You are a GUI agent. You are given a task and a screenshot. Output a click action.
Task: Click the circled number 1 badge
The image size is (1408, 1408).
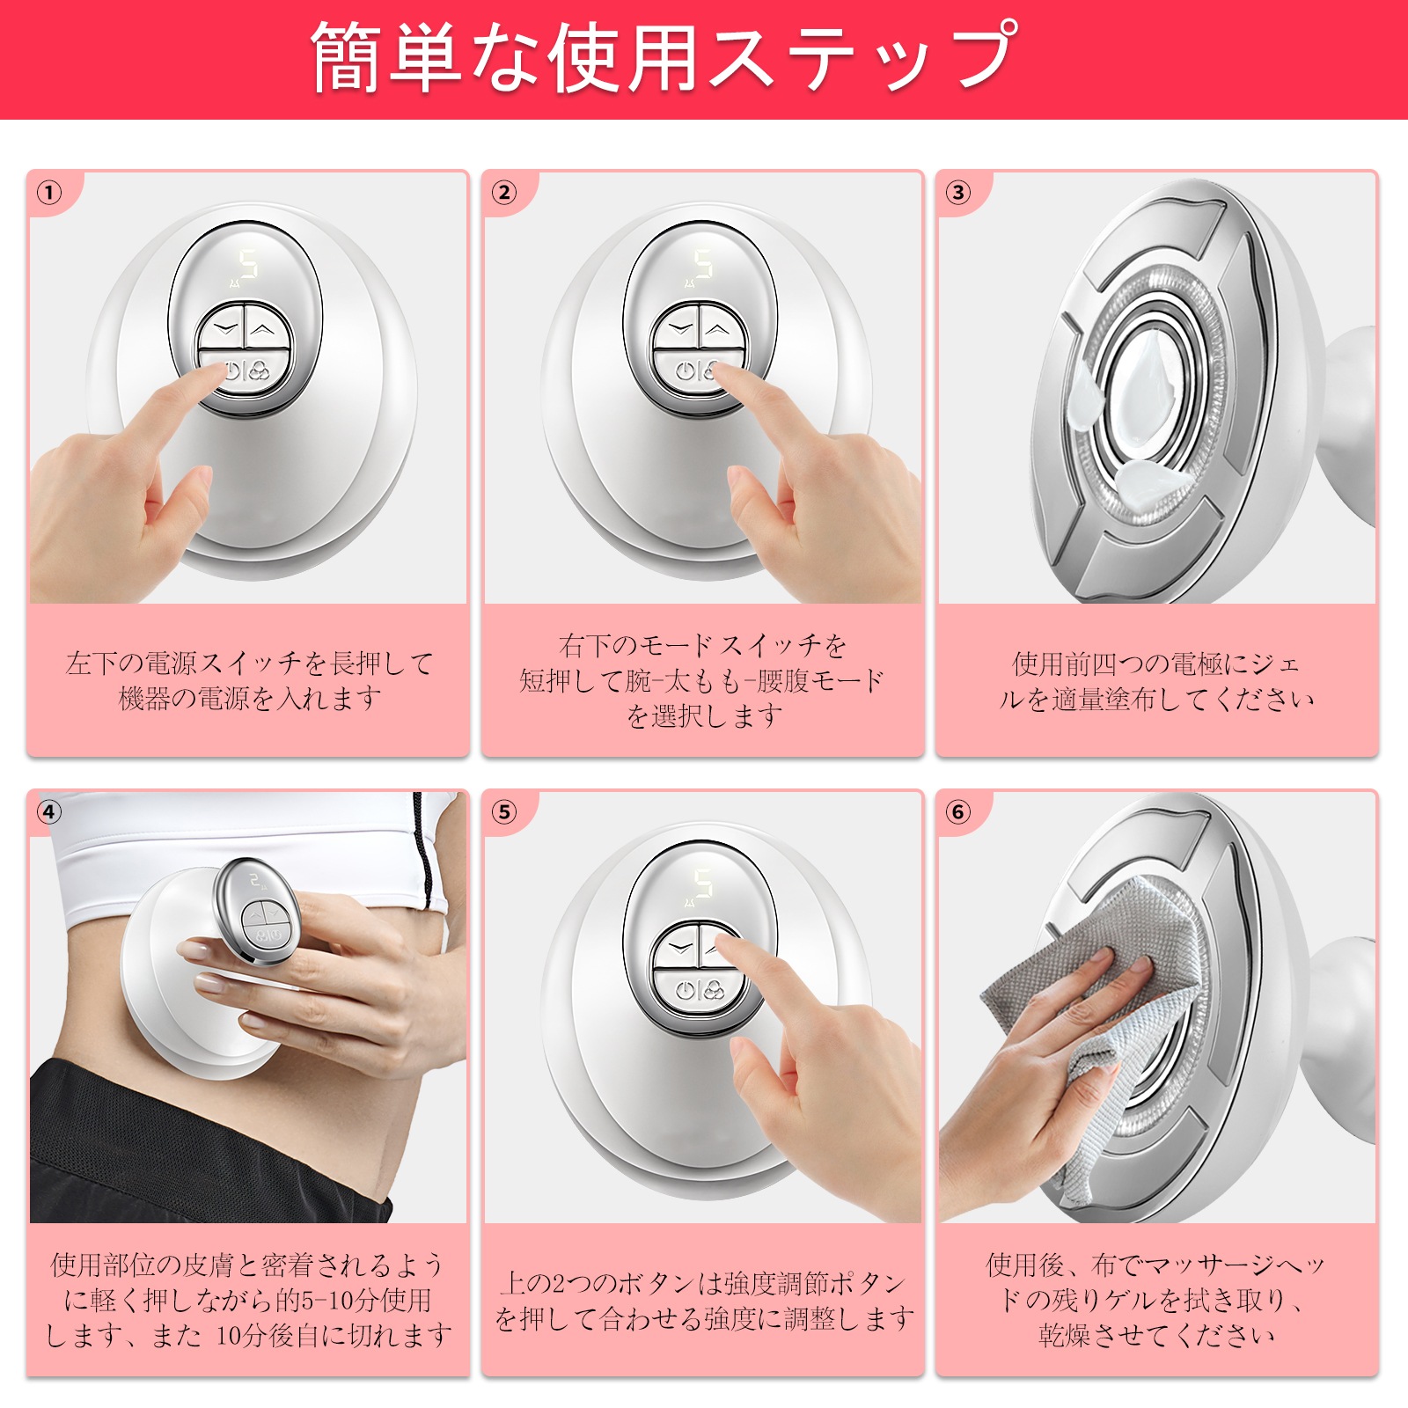tap(50, 192)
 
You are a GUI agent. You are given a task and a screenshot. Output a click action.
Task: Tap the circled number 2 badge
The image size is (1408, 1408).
tap(504, 192)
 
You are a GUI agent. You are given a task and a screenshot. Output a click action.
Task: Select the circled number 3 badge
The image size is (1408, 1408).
tap(958, 192)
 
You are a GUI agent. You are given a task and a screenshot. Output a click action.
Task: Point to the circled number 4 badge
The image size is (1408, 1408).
tap(50, 811)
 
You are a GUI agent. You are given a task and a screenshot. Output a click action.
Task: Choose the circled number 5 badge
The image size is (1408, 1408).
tap(504, 811)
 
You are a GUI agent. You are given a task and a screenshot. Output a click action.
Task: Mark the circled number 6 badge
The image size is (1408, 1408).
tap(958, 811)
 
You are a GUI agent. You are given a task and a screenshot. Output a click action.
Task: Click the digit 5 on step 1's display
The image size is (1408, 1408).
tap(250, 264)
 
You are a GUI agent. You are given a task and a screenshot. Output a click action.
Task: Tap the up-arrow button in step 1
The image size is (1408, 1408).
tap(263, 330)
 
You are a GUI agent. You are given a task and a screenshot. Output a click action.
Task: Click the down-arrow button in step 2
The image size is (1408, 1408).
tap(679, 330)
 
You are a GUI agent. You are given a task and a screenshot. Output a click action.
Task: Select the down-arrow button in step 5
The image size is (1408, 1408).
tap(679, 950)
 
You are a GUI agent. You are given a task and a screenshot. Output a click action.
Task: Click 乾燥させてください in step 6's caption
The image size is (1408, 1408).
tap(1156, 1335)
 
